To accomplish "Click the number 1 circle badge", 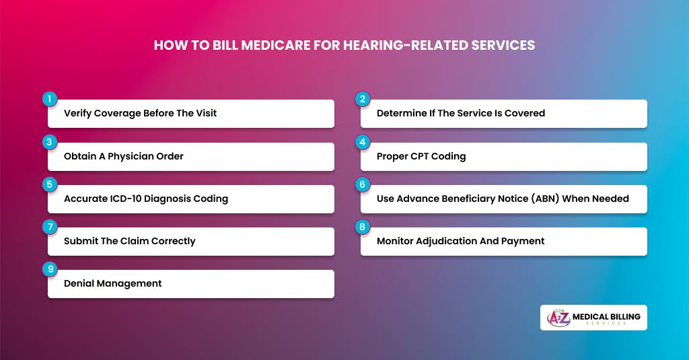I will [48, 99].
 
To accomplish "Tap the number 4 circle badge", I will [362, 142].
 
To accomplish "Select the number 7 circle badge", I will [48, 227].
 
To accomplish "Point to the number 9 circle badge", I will [48, 269].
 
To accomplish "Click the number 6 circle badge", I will [362, 184].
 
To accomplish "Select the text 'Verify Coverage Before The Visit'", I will [140, 113].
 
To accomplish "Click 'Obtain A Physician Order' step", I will [124, 156].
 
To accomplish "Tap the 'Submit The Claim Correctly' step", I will [129, 241].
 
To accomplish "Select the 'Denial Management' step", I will [113, 283].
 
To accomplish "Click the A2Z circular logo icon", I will [558, 318].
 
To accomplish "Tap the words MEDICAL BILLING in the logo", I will [606, 316].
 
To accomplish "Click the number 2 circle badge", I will [362, 99].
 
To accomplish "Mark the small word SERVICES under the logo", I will [606, 324].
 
